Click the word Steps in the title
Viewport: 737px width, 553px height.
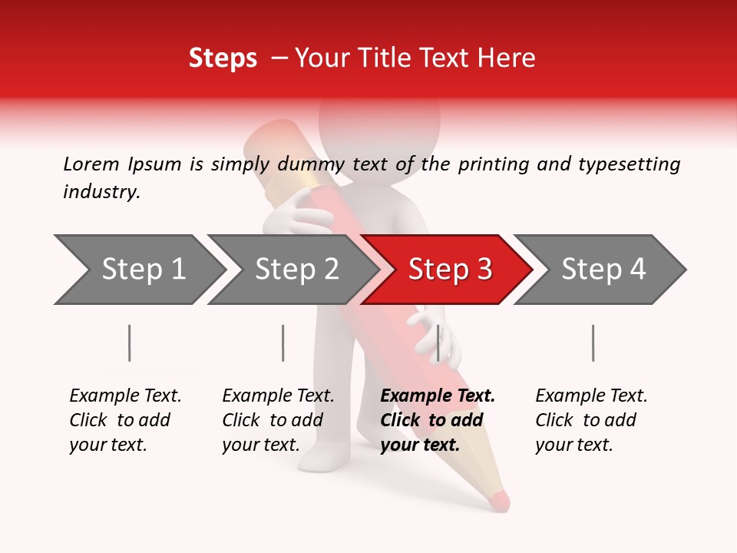223,58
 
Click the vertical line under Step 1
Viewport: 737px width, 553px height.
130,343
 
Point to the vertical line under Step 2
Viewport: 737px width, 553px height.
283,343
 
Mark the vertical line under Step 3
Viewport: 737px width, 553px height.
438,343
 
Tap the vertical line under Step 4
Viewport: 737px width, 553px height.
593,343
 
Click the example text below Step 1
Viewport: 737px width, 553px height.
125,420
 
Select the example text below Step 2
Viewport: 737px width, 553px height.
278,420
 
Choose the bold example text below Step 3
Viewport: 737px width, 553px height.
438,420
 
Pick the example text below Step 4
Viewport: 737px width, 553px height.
591,420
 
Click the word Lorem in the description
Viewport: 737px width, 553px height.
91,164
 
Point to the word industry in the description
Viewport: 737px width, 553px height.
101,192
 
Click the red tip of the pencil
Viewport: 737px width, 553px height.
499,500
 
